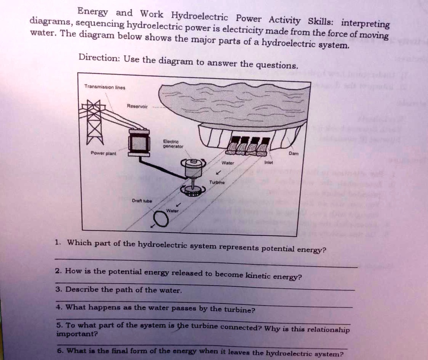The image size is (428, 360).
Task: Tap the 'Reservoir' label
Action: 137,106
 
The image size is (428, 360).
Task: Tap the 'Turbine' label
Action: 217,183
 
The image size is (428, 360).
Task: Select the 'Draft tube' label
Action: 139,200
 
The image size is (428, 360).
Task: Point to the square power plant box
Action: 139,143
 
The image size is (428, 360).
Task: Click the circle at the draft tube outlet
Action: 161,219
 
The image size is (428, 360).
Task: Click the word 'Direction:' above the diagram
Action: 98,58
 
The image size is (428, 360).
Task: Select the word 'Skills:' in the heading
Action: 320,21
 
